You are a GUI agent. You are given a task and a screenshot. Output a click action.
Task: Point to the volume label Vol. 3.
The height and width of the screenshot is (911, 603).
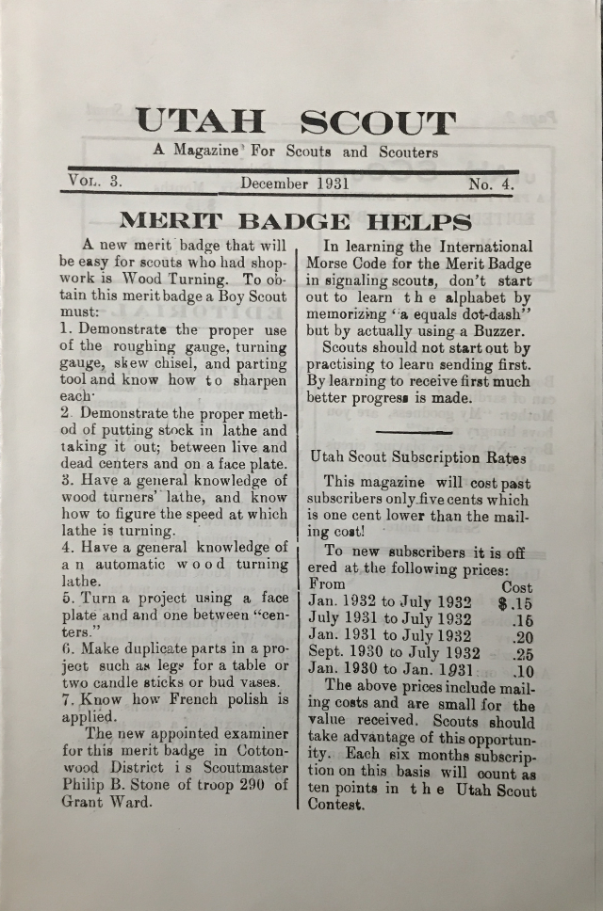94,181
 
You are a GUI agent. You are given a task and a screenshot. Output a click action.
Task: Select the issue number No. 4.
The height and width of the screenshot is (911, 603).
491,184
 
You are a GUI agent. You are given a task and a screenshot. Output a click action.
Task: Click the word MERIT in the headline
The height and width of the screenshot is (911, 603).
171,223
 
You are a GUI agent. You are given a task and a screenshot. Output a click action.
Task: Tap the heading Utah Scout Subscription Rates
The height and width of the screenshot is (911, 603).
418,456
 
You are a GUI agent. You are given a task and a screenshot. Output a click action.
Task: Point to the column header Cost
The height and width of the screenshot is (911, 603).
517,584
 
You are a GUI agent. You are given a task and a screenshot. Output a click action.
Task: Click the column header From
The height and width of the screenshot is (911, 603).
329,583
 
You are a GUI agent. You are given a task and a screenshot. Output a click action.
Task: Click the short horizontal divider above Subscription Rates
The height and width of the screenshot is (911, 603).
416,432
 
